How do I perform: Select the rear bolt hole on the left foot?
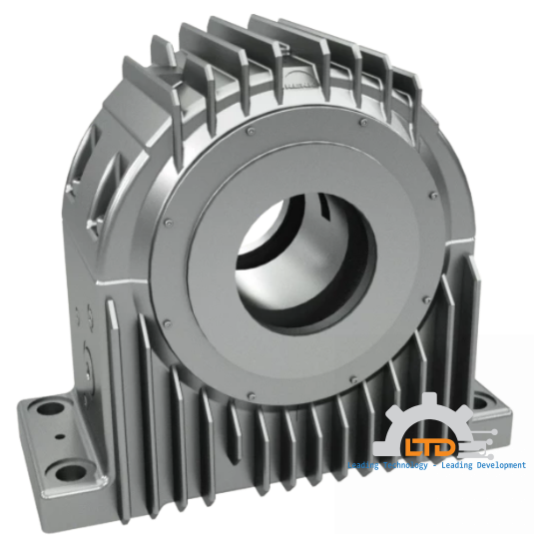click(x=44, y=406)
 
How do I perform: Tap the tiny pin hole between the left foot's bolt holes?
click(x=60, y=436)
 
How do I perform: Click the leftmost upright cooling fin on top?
click(x=160, y=55)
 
